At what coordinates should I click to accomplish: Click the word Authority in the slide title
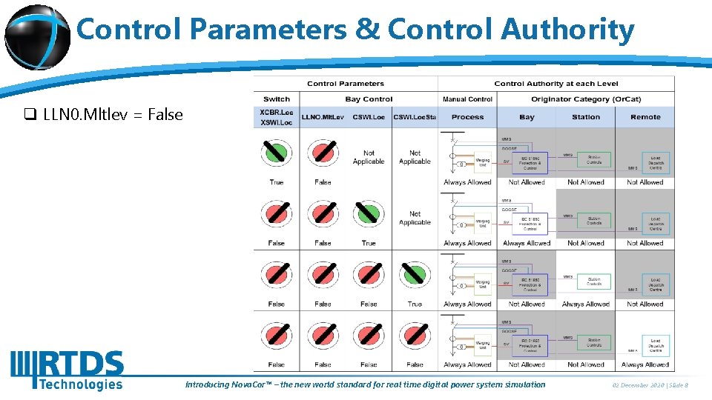(567, 30)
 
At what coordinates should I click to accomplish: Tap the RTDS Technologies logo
(67, 370)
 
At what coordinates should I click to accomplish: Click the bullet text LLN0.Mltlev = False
(113, 114)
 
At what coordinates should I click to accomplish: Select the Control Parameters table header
(346, 84)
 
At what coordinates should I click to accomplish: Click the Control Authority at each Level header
(556, 84)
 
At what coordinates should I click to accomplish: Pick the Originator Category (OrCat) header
(585, 99)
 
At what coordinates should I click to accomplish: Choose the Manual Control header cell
(467, 99)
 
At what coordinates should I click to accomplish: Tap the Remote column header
(645, 117)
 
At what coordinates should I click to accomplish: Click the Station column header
(586, 117)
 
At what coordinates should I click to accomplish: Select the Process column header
(467, 117)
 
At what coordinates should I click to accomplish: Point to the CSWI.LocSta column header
(415, 117)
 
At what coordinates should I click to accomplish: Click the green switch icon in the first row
(277, 153)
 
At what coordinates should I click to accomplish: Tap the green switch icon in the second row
(369, 213)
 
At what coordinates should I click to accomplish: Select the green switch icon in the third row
(415, 274)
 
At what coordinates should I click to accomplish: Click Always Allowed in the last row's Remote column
(645, 364)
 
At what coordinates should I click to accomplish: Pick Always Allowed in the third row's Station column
(586, 304)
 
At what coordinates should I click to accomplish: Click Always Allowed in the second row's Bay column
(527, 243)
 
